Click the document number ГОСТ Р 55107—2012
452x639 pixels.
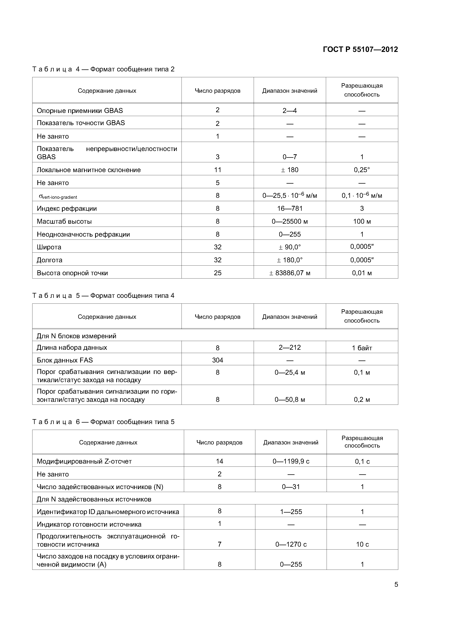(x=360, y=50)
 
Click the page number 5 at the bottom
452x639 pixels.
(x=396, y=585)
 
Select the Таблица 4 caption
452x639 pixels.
(x=103, y=69)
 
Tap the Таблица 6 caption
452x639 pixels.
(x=103, y=422)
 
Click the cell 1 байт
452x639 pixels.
(x=362, y=348)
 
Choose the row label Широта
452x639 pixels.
(x=49, y=247)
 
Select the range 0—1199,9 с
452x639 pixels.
(x=291, y=461)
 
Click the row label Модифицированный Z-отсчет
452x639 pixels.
(x=84, y=461)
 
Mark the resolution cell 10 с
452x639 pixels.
(x=362, y=544)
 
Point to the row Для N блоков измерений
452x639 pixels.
(x=76, y=336)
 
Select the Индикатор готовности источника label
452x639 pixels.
(x=89, y=524)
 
